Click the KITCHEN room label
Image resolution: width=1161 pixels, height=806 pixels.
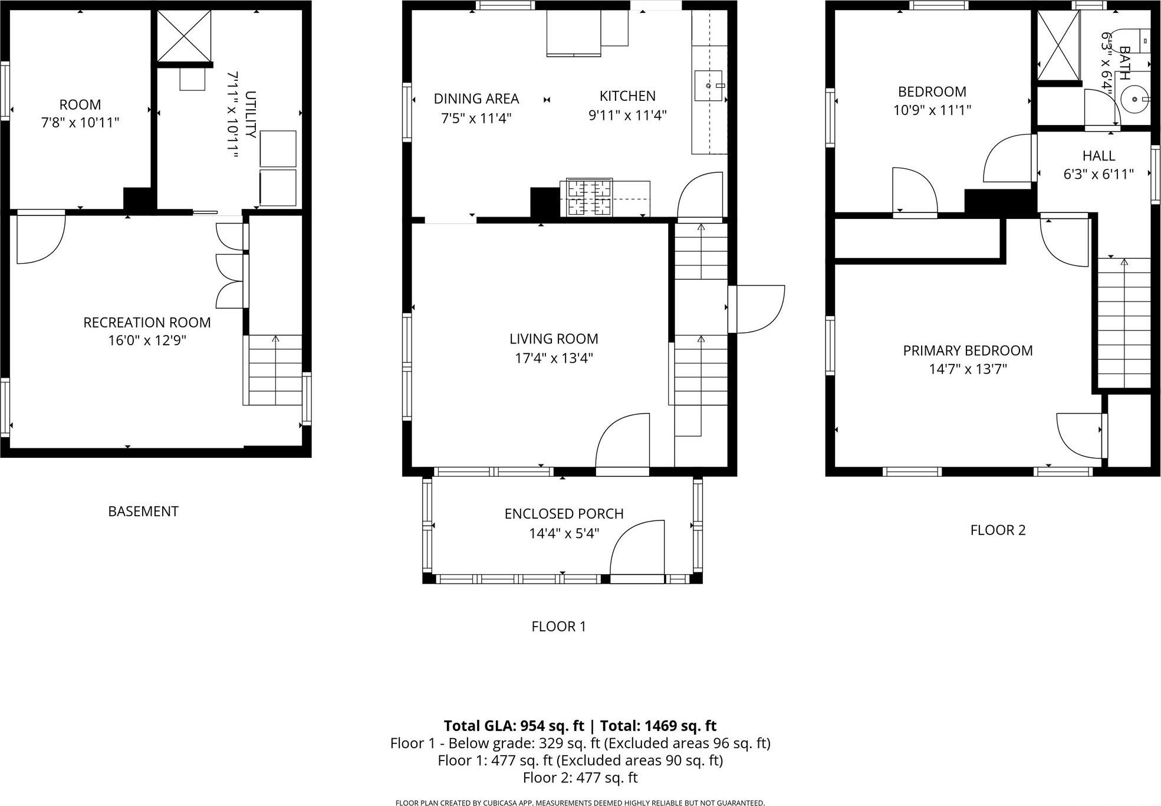[x=627, y=96]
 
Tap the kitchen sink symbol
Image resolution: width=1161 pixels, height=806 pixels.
[x=710, y=86]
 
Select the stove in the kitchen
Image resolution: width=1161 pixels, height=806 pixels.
[x=590, y=197]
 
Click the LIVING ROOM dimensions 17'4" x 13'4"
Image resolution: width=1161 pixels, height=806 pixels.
[x=554, y=358]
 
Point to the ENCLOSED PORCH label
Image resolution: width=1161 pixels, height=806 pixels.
[x=564, y=514]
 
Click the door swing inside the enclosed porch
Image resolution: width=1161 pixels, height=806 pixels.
[x=637, y=549]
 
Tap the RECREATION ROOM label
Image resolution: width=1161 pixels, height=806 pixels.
[x=147, y=323]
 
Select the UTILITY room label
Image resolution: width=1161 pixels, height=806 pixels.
[x=250, y=114]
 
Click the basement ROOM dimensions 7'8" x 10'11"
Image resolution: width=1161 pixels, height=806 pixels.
[x=80, y=123]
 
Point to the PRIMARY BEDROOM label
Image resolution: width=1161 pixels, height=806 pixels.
[x=968, y=350]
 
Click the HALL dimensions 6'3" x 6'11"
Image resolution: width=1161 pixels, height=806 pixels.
[x=1098, y=175]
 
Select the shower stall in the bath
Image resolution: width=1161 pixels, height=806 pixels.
[x=1058, y=45]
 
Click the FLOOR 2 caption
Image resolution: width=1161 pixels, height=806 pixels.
[x=998, y=530]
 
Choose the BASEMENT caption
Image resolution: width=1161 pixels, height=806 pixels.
[x=143, y=512]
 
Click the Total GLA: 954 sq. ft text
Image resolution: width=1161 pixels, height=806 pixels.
[x=514, y=726]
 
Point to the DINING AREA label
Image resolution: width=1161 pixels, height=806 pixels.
[x=476, y=99]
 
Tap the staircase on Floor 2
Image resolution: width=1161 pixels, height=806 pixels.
[x=1123, y=323]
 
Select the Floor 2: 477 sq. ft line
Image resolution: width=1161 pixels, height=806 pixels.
[x=580, y=778]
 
